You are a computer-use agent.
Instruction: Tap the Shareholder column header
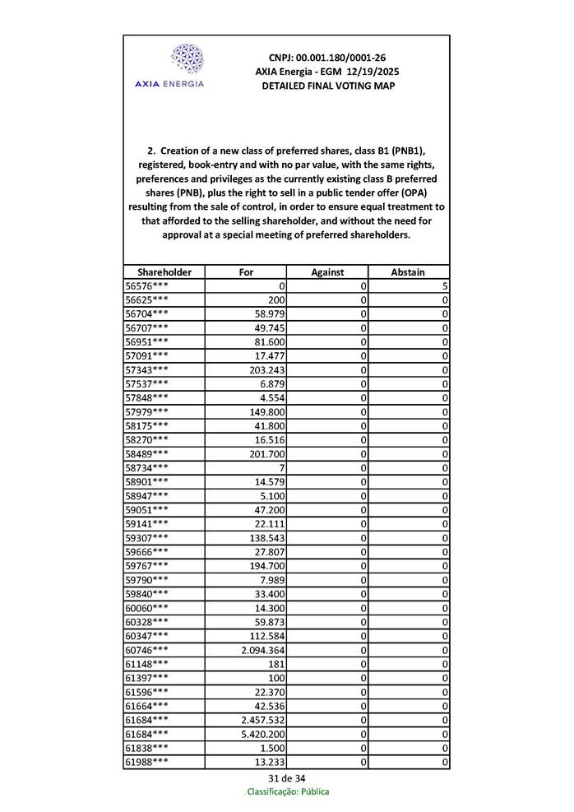pos(164,271)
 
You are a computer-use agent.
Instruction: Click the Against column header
pos(327,271)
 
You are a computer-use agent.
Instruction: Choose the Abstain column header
pos(409,271)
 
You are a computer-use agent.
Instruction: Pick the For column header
pos(246,271)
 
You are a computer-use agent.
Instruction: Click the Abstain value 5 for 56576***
pos(443,285)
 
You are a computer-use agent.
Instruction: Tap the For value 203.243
pos(267,369)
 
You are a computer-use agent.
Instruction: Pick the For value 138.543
pos(267,537)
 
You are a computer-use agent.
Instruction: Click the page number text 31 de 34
pos(287,777)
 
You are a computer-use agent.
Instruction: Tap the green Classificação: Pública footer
pos(288,791)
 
